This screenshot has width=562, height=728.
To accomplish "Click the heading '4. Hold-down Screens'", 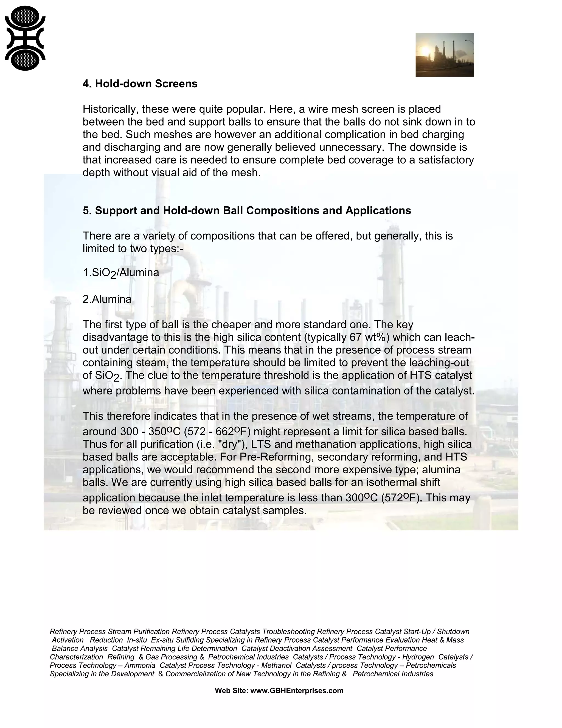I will click(x=140, y=84).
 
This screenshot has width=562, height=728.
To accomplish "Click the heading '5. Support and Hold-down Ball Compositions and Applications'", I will click(x=247, y=211).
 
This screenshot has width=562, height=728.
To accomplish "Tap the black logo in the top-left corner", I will click(x=25, y=38).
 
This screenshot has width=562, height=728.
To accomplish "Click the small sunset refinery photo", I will click(x=445, y=55).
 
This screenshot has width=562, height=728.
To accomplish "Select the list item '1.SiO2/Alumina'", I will click(x=121, y=273).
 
